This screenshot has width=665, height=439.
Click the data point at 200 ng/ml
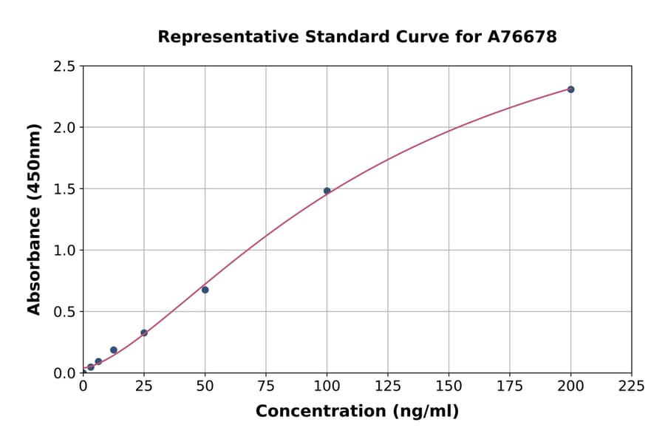570,89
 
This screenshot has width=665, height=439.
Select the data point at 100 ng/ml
327,191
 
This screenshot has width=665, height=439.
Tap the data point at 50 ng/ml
205,290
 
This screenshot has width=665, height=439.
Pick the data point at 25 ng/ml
144,333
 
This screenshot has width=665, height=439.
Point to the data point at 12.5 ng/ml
113,350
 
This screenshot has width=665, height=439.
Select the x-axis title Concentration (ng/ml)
357,412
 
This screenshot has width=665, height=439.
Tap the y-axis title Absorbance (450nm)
34,219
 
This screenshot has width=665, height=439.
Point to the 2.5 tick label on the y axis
65,67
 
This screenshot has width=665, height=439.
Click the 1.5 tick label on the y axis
65,189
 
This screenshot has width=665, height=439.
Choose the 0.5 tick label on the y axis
65,312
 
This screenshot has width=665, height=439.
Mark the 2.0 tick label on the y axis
65,128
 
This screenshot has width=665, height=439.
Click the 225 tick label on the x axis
632,386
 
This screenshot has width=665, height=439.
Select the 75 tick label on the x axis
266,386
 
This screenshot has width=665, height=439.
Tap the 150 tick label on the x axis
449,386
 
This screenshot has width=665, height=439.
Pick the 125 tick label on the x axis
388,386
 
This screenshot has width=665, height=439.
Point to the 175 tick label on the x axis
510,386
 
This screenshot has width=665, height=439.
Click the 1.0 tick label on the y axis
65,251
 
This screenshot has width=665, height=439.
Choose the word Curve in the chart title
415,36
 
